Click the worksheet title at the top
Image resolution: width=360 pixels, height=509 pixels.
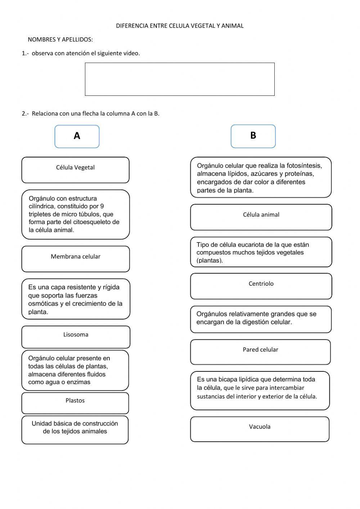coord(180,26)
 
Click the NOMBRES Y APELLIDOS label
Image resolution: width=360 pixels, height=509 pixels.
coord(60,39)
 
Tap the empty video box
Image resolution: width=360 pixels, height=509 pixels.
coord(180,79)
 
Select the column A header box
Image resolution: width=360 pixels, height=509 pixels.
coord(77,136)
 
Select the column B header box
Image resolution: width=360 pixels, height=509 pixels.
coord(253,136)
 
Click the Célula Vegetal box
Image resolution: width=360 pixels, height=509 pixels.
coord(75,170)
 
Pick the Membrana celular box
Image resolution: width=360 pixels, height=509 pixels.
coord(75,259)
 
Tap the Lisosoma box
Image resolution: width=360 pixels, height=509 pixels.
coord(76,337)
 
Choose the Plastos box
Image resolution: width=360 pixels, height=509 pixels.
coord(75,403)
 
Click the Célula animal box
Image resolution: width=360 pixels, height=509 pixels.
coord(261,217)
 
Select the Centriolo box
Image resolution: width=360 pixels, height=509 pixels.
coord(261,286)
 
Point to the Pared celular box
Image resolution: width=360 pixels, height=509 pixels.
coord(260,352)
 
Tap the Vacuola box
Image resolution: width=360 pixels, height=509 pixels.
coord(260,429)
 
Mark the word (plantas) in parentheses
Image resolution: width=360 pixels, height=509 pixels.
coord(210,260)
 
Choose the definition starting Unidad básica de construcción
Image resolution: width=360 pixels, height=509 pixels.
coord(75,428)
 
